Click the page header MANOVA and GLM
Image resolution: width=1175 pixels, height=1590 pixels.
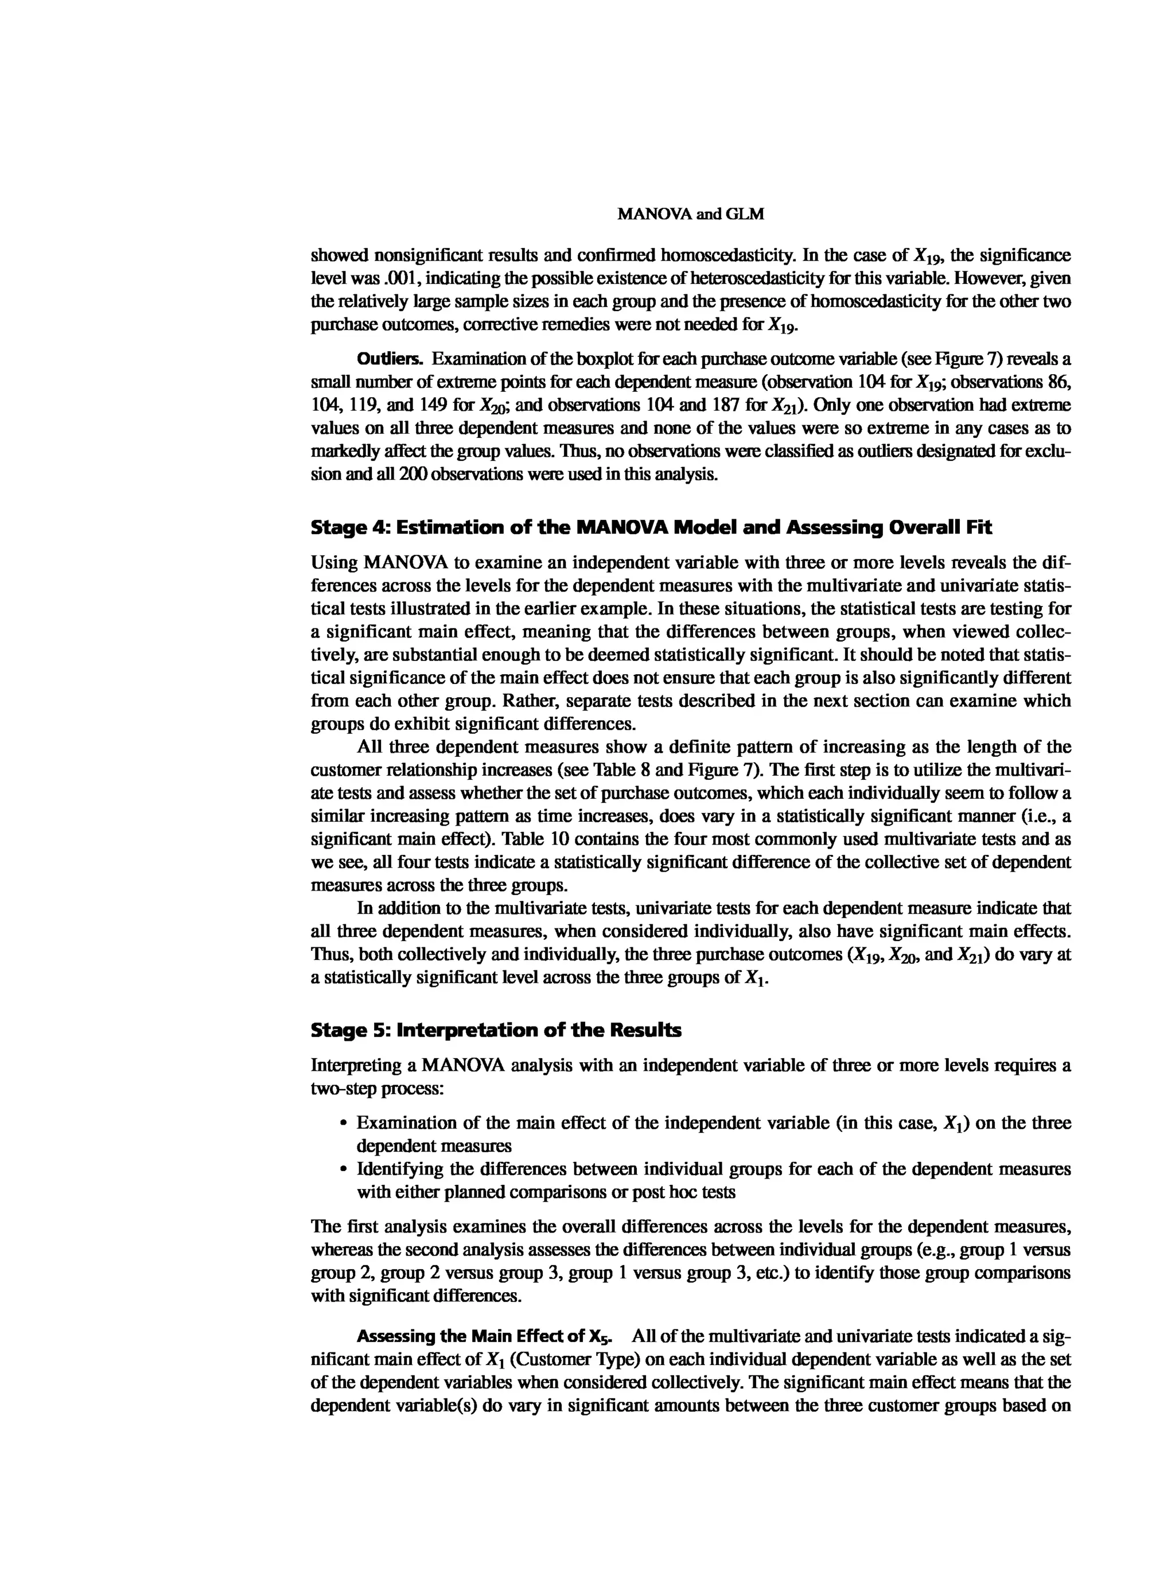[x=691, y=213]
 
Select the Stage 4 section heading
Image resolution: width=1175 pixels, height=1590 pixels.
[x=651, y=528]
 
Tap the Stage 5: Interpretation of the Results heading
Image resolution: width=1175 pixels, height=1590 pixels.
[x=496, y=1030]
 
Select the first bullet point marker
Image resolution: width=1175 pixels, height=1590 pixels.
[x=344, y=1124]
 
